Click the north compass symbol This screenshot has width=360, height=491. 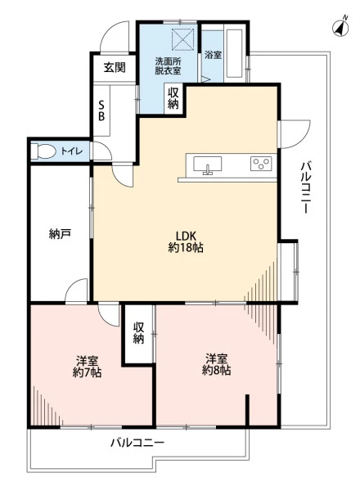340,27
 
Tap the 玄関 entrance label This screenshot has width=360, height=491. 115,67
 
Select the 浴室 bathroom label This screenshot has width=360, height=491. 213,55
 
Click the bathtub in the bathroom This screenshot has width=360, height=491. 233,53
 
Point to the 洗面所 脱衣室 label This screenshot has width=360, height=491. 168,65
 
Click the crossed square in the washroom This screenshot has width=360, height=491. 183,39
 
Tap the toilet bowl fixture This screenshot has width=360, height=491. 43,151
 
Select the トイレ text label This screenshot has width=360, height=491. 72,151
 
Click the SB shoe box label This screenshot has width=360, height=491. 101,110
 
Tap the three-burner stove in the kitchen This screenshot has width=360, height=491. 261,164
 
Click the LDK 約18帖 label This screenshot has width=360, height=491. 186,241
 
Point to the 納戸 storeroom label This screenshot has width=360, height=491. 60,234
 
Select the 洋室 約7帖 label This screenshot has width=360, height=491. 87,367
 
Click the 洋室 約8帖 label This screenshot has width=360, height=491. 216,364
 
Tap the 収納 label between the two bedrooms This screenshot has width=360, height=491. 138,333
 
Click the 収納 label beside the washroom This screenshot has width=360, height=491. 173,98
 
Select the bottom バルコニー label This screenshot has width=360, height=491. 137,443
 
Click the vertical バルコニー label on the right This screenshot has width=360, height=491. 305,187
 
